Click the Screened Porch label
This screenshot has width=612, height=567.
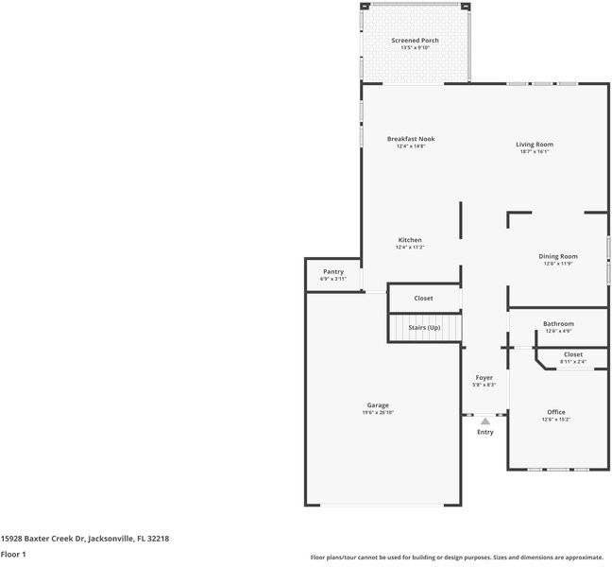click(415, 41)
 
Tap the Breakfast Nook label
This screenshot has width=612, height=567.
click(410, 139)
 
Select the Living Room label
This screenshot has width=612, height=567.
click(534, 145)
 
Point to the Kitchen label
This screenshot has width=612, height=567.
click(410, 240)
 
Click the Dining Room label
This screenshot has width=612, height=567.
click(557, 256)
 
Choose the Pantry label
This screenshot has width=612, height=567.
click(333, 271)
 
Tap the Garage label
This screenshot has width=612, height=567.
click(378, 405)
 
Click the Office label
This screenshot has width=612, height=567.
click(555, 412)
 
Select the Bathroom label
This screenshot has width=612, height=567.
click(557, 324)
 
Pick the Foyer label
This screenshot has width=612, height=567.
click(484, 378)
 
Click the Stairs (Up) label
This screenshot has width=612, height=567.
click(424, 328)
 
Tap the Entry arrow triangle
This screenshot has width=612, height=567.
click(484, 421)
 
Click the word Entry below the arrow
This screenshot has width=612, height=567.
click(484, 433)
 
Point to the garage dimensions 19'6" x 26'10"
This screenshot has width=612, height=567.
click(378, 413)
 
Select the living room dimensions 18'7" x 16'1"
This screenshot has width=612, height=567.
click(534, 151)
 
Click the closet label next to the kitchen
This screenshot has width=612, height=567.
click(423, 299)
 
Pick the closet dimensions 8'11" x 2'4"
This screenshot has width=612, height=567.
click(572, 362)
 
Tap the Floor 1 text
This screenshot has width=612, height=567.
click(13, 555)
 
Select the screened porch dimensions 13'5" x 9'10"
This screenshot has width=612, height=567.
click(415, 48)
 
